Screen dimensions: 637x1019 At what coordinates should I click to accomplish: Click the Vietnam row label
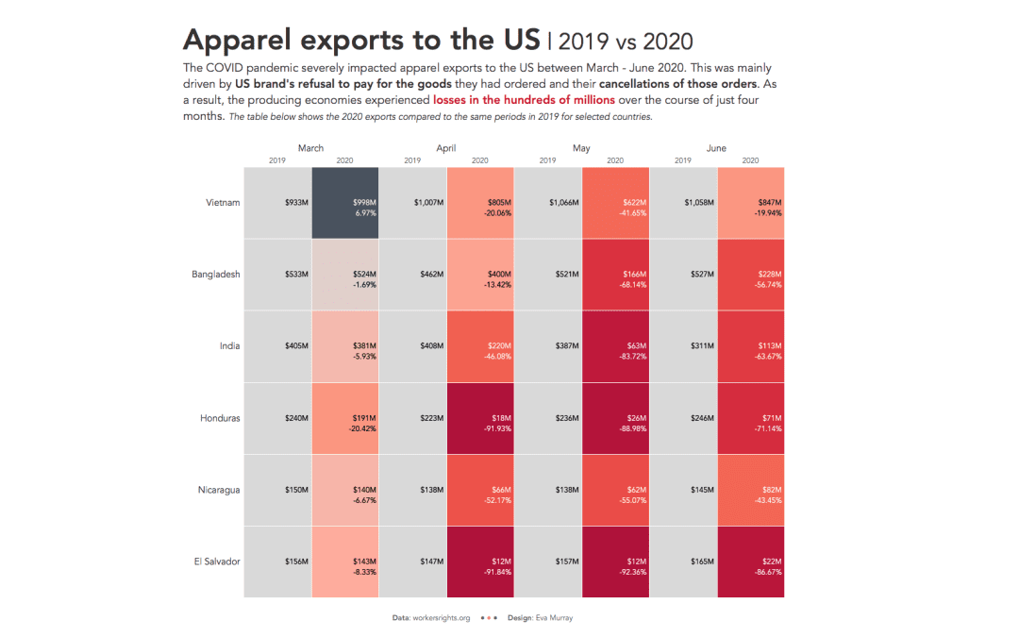[x=223, y=202]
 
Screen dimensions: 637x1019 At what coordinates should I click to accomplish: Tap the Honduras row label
[x=220, y=418]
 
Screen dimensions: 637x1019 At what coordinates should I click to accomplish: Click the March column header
[x=310, y=148]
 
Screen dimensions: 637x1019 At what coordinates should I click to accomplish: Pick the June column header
[x=716, y=148]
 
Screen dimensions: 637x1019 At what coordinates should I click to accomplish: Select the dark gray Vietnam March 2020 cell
[x=345, y=203]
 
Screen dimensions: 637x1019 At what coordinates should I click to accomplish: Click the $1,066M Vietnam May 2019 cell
[x=548, y=203]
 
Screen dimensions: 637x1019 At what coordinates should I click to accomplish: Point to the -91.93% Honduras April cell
[x=480, y=418]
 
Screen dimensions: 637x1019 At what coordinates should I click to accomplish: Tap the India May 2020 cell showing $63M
[x=616, y=346]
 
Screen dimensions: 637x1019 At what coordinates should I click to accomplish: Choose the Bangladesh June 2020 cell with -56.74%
[x=751, y=275]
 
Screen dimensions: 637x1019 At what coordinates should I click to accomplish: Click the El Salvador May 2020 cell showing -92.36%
[x=616, y=562]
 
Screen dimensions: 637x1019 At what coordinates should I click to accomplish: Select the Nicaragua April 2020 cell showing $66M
[x=480, y=490]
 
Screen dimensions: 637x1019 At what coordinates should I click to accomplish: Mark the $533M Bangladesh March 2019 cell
[x=277, y=275]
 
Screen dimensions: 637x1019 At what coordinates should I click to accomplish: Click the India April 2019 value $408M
[x=413, y=346]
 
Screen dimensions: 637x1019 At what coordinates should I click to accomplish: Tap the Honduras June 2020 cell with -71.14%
[x=751, y=418]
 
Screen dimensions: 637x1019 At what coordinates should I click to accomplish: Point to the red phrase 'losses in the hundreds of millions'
[x=524, y=99]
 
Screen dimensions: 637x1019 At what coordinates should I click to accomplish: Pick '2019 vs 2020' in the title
[x=626, y=42]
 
